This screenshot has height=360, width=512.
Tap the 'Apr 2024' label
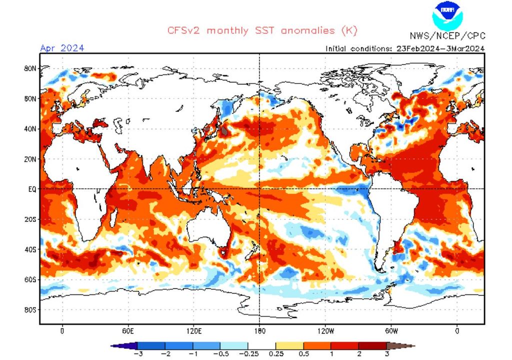point(62,48)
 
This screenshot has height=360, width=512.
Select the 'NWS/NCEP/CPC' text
point(447,36)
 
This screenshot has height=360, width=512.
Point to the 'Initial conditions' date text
point(405,48)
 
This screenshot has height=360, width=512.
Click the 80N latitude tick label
point(31,68)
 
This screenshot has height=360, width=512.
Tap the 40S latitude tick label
point(31,249)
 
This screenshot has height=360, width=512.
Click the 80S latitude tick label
point(31,309)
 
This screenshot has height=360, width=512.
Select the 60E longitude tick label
point(128,331)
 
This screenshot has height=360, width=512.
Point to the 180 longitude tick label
point(259,331)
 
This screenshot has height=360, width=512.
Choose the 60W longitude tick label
point(391,331)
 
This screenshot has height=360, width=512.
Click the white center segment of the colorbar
point(261,345)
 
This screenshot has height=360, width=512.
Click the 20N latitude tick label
point(31,159)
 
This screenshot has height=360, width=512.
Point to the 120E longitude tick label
point(194,331)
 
